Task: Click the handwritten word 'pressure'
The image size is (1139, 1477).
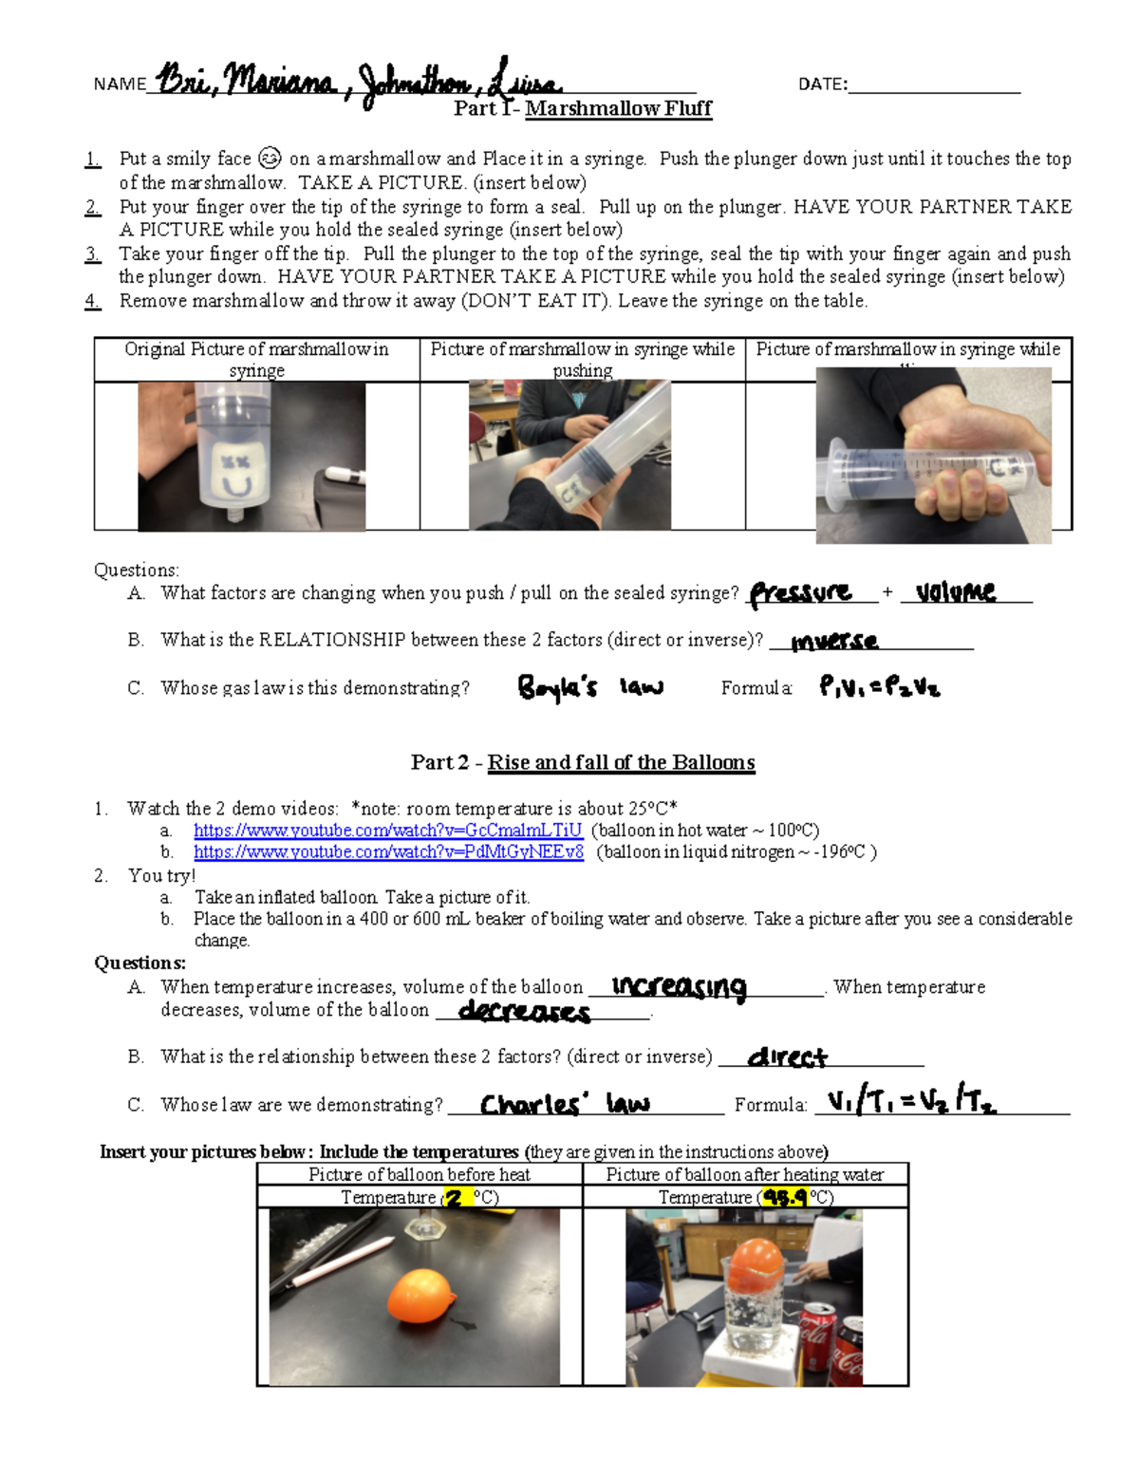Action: [801, 594]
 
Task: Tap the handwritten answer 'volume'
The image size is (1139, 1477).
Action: [956, 592]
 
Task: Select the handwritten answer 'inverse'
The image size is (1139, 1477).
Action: [834, 642]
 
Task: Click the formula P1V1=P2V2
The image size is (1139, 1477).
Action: [879, 686]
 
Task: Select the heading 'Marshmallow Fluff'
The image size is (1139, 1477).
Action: [618, 108]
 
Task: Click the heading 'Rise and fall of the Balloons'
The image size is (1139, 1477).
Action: [621, 762]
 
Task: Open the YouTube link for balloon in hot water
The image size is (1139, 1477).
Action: [387, 831]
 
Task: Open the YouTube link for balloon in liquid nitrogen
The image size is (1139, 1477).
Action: [388, 852]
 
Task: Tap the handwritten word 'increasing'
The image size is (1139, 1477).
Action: [680, 987]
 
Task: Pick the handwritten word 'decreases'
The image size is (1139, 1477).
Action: [524, 1012]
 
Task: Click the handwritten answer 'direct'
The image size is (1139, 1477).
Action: [788, 1057]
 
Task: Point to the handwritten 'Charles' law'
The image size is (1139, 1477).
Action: [565, 1104]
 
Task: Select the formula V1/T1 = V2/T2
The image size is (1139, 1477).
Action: [911, 1102]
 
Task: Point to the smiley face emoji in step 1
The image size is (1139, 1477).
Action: [270, 159]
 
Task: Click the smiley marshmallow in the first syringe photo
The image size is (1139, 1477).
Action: [237, 474]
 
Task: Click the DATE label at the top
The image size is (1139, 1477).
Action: [822, 84]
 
